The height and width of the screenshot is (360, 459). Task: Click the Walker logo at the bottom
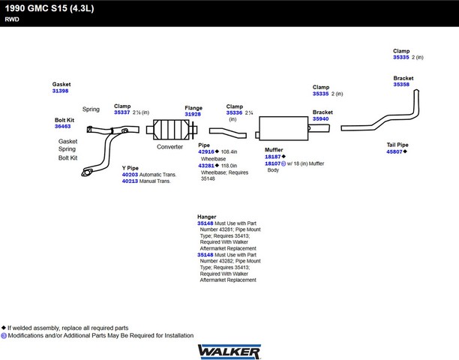[x=229, y=352]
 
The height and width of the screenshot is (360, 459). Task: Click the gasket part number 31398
[x=60, y=91]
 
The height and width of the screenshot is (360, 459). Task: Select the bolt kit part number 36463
[x=63, y=127]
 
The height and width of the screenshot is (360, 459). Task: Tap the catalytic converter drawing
[x=172, y=130]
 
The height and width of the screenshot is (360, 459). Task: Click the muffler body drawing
[x=283, y=128]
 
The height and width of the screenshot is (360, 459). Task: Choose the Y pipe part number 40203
[x=130, y=175]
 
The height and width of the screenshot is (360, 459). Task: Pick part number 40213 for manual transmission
[x=130, y=181]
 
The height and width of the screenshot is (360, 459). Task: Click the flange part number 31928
[x=193, y=114]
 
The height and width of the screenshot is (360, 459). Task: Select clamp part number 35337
[x=122, y=112]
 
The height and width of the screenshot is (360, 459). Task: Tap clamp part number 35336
[x=234, y=112]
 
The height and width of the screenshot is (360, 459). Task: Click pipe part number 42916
[x=206, y=151]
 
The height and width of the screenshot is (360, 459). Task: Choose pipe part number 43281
[x=206, y=166]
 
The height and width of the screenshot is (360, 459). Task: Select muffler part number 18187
[x=273, y=157]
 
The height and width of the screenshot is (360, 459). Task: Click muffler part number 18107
[x=273, y=163]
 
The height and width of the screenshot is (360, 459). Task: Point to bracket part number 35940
[x=320, y=118]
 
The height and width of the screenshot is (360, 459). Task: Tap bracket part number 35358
[x=401, y=84]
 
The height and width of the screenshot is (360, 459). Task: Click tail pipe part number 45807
[x=394, y=151]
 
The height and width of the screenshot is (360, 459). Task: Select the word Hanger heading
[x=207, y=217]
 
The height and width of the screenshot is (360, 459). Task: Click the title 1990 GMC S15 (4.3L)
[x=49, y=8]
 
